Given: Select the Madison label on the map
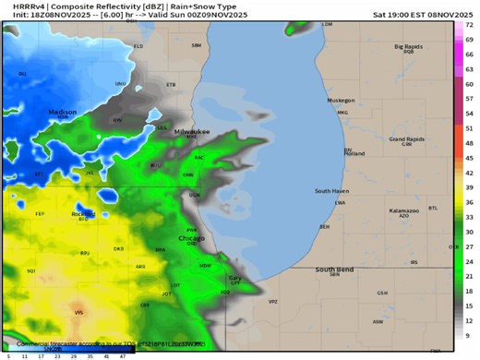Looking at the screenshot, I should pos(63,111).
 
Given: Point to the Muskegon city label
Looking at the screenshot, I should pos(341,100).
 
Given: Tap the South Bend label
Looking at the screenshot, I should pos(333,270).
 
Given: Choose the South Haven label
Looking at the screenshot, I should pos(330,191).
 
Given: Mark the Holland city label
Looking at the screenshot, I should pos(354,153).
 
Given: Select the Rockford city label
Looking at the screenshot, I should pos(82,214).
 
